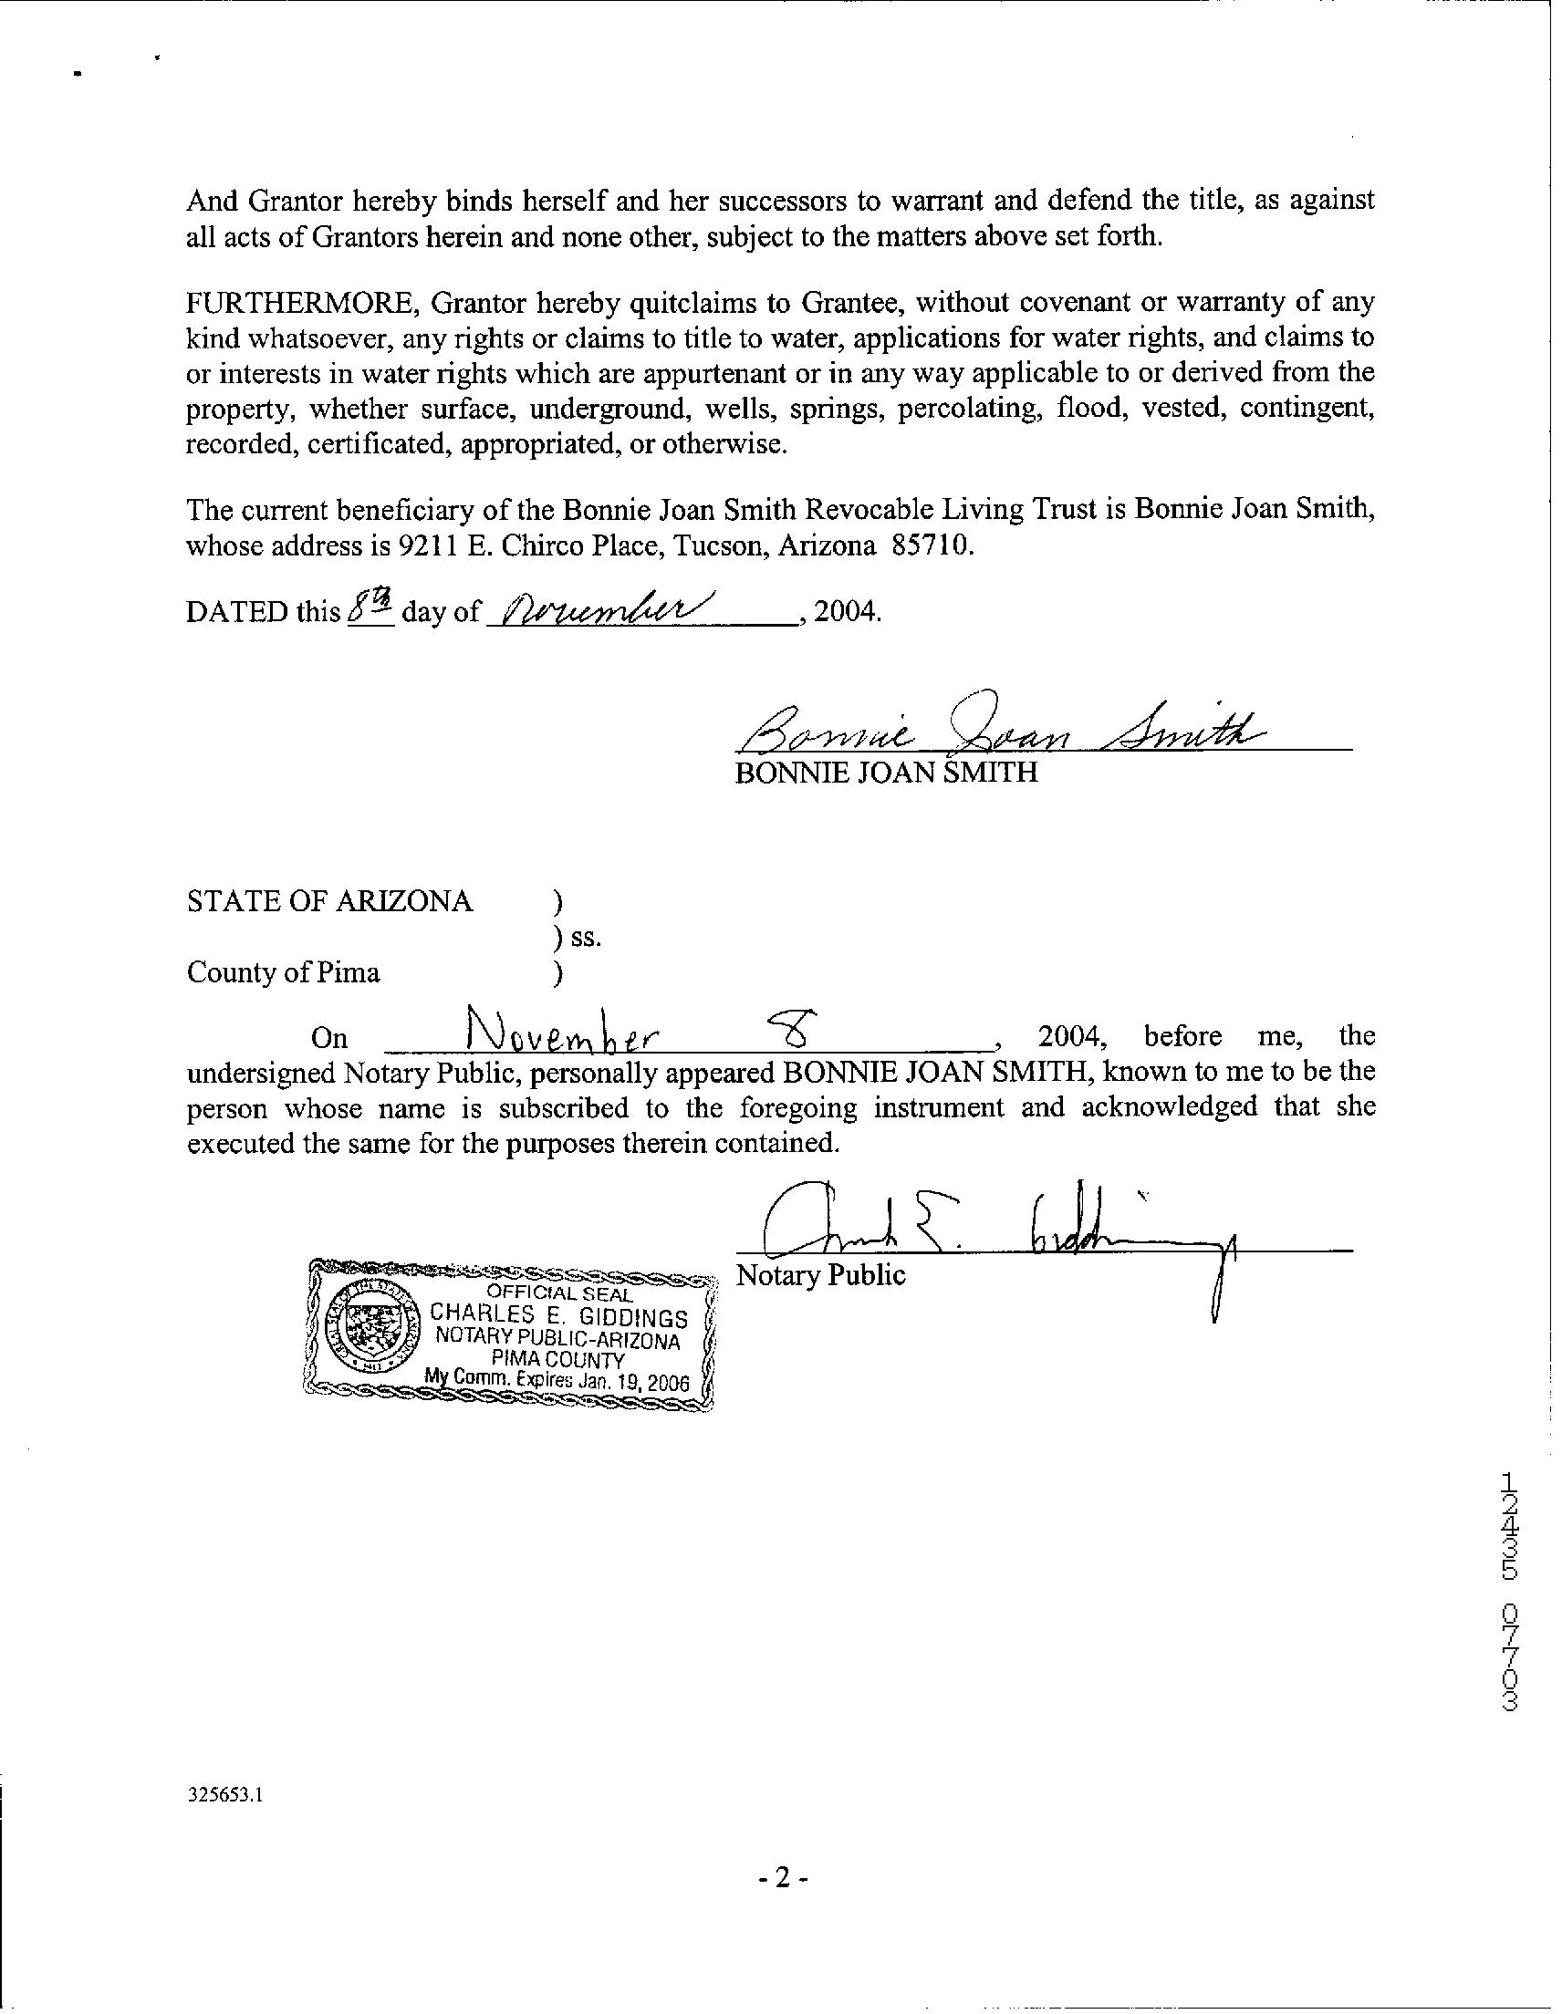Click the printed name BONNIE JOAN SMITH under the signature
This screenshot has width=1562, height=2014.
(886, 772)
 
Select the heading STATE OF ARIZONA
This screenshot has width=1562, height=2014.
(329, 901)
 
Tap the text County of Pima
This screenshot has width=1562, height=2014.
(283, 972)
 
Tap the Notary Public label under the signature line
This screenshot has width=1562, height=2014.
(820, 1275)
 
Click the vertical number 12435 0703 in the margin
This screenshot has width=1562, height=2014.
(1508, 1604)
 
